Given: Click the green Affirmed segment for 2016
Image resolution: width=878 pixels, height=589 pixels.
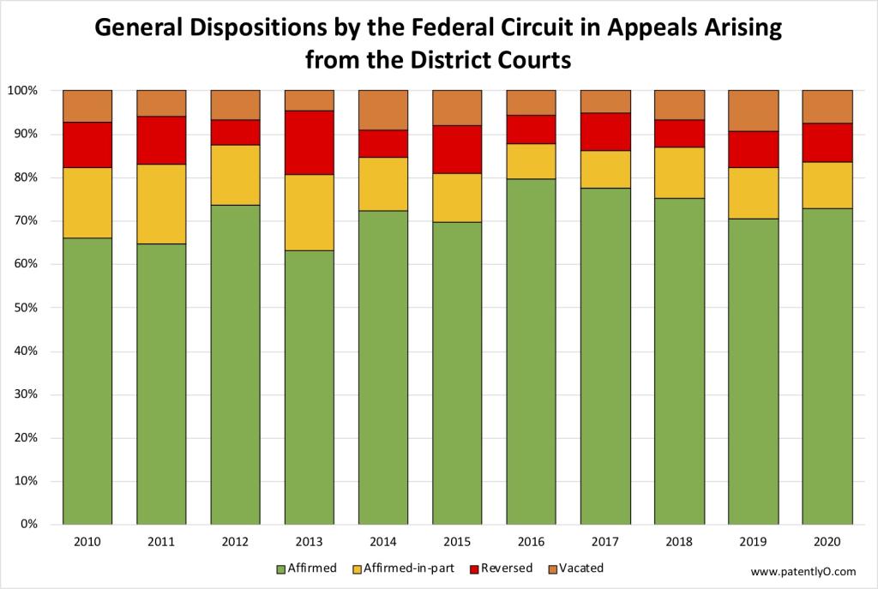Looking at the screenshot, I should click(x=531, y=352).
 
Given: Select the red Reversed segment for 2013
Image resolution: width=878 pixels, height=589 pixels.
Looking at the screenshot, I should click(x=309, y=142).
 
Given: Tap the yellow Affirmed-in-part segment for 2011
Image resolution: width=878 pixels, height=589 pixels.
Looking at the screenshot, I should click(x=161, y=204).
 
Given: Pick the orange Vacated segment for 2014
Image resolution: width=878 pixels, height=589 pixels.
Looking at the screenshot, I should click(x=383, y=110).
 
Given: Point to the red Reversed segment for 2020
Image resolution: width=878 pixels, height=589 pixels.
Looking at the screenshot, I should click(x=827, y=142).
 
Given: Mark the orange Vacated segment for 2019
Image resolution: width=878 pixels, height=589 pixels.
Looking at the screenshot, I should click(x=753, y=111).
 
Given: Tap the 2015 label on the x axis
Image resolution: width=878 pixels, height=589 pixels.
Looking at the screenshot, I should click(x=457, y=543).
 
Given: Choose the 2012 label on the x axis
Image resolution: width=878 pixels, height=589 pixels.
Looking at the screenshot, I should click(x=235, y=543).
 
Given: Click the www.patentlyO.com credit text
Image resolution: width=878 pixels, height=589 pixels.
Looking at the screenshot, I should click(x=802, y=571).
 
